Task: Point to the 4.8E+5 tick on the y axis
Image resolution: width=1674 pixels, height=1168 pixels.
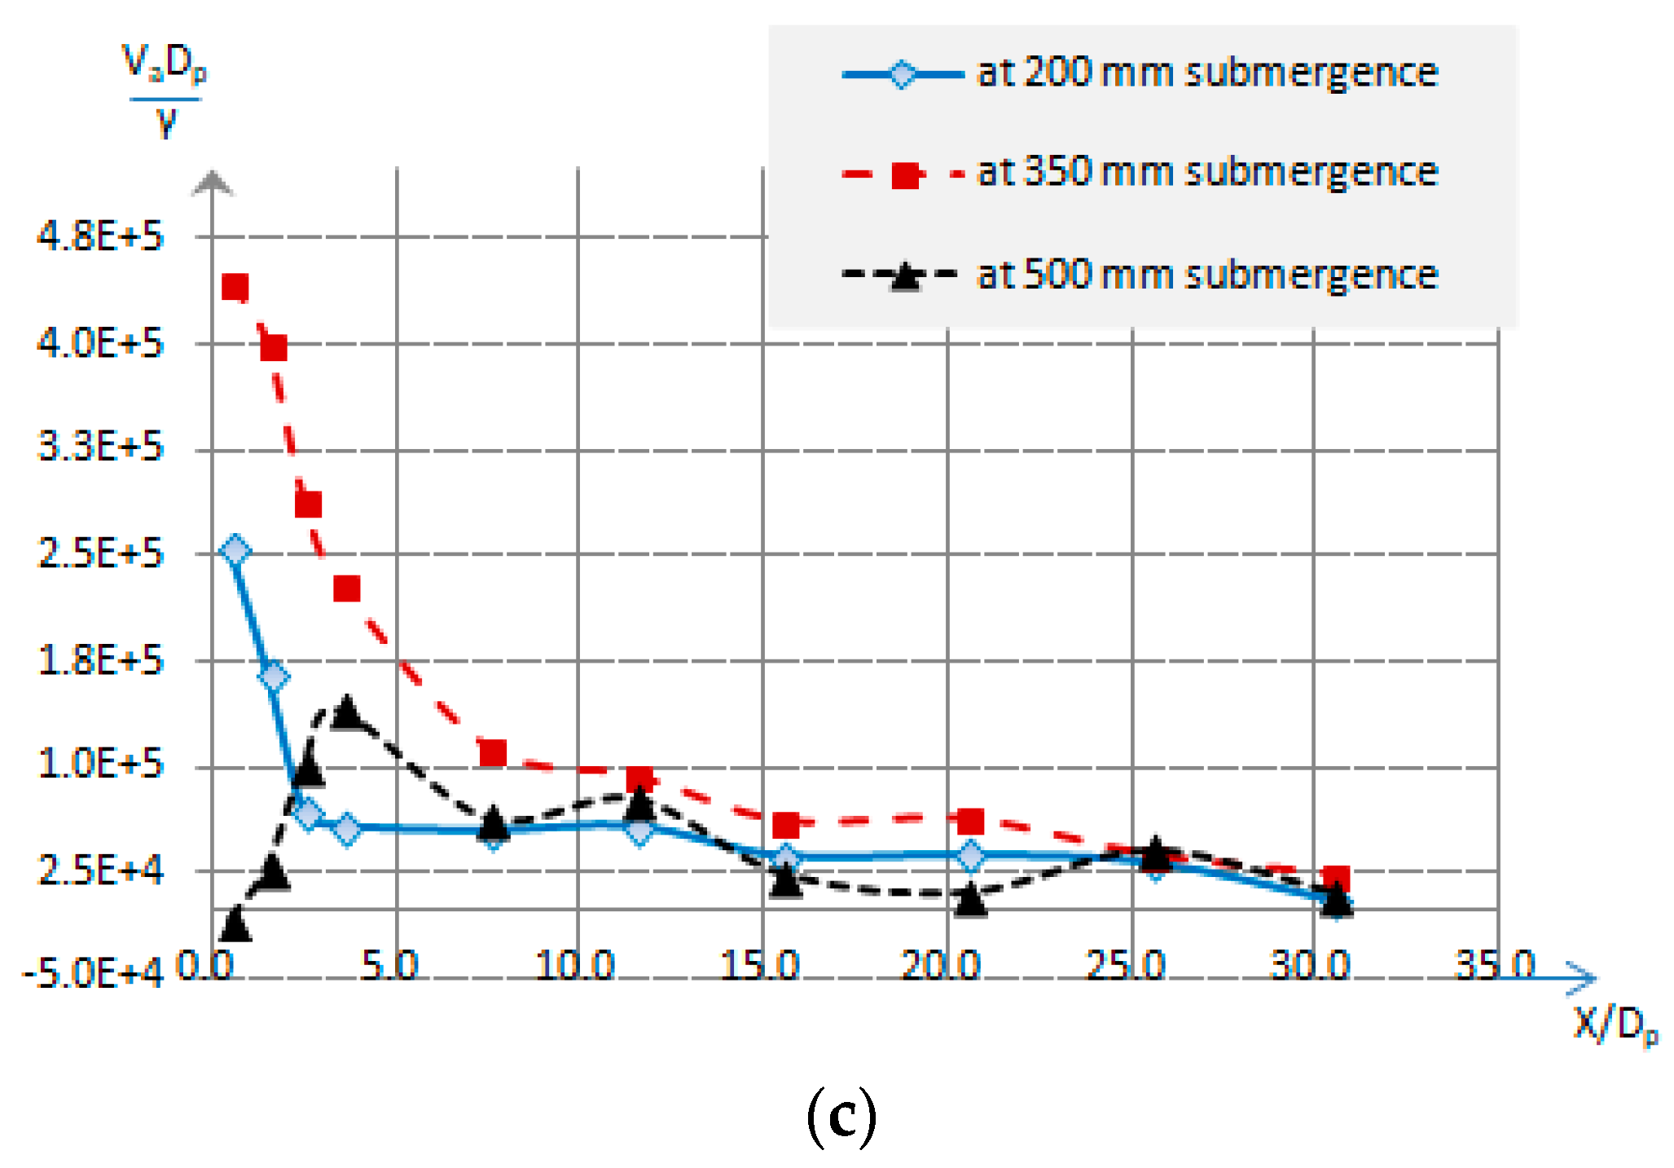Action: point(100,236)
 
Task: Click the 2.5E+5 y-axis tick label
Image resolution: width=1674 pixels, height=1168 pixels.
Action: point(100,554)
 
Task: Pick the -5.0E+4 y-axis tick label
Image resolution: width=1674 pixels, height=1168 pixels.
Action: point(92,974)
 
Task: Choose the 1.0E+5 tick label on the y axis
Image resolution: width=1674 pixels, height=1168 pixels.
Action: point(100,765)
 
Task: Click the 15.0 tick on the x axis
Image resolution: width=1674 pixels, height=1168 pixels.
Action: point(760,966)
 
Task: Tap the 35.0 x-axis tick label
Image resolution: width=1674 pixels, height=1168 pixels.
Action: point(1495,966)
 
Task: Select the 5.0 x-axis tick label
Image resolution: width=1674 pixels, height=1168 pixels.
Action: point(389,966)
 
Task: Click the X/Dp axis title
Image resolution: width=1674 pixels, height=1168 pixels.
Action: point(1615,1025)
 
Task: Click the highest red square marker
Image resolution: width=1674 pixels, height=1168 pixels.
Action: point(235,287)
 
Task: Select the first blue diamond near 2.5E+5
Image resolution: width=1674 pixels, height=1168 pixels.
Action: point(235,551)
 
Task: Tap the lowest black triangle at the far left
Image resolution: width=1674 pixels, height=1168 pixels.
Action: point(235,923)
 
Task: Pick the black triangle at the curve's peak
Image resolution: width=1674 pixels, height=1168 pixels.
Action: point(347,712)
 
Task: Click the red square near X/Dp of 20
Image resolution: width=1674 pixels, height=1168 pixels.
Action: point(970,821)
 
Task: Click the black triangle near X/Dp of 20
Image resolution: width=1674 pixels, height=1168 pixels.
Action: point(970,900)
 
